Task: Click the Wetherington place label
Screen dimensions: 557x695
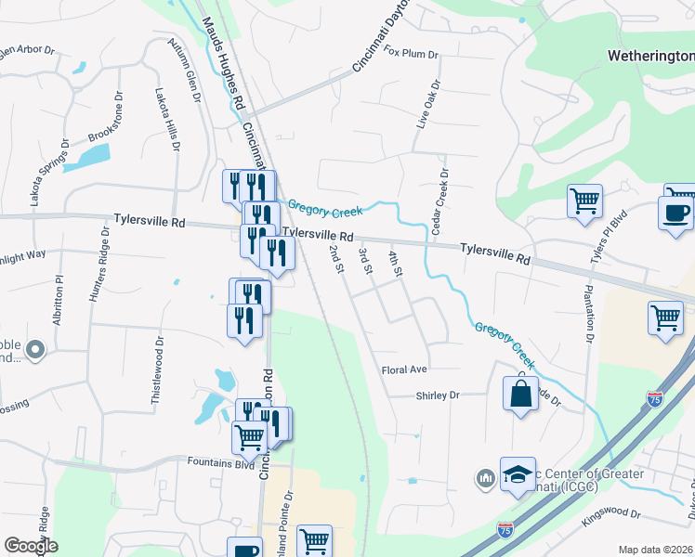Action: coord(651,57)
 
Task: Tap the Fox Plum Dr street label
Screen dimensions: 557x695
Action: coord(411,54)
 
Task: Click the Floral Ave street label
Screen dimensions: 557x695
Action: coord(404,369)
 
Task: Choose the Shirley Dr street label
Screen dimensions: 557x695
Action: coord(437,395)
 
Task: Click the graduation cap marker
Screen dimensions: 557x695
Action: coord(518,473)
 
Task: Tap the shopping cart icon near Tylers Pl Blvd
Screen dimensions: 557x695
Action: coord(584,200)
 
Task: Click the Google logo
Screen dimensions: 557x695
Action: coord(31,546)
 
